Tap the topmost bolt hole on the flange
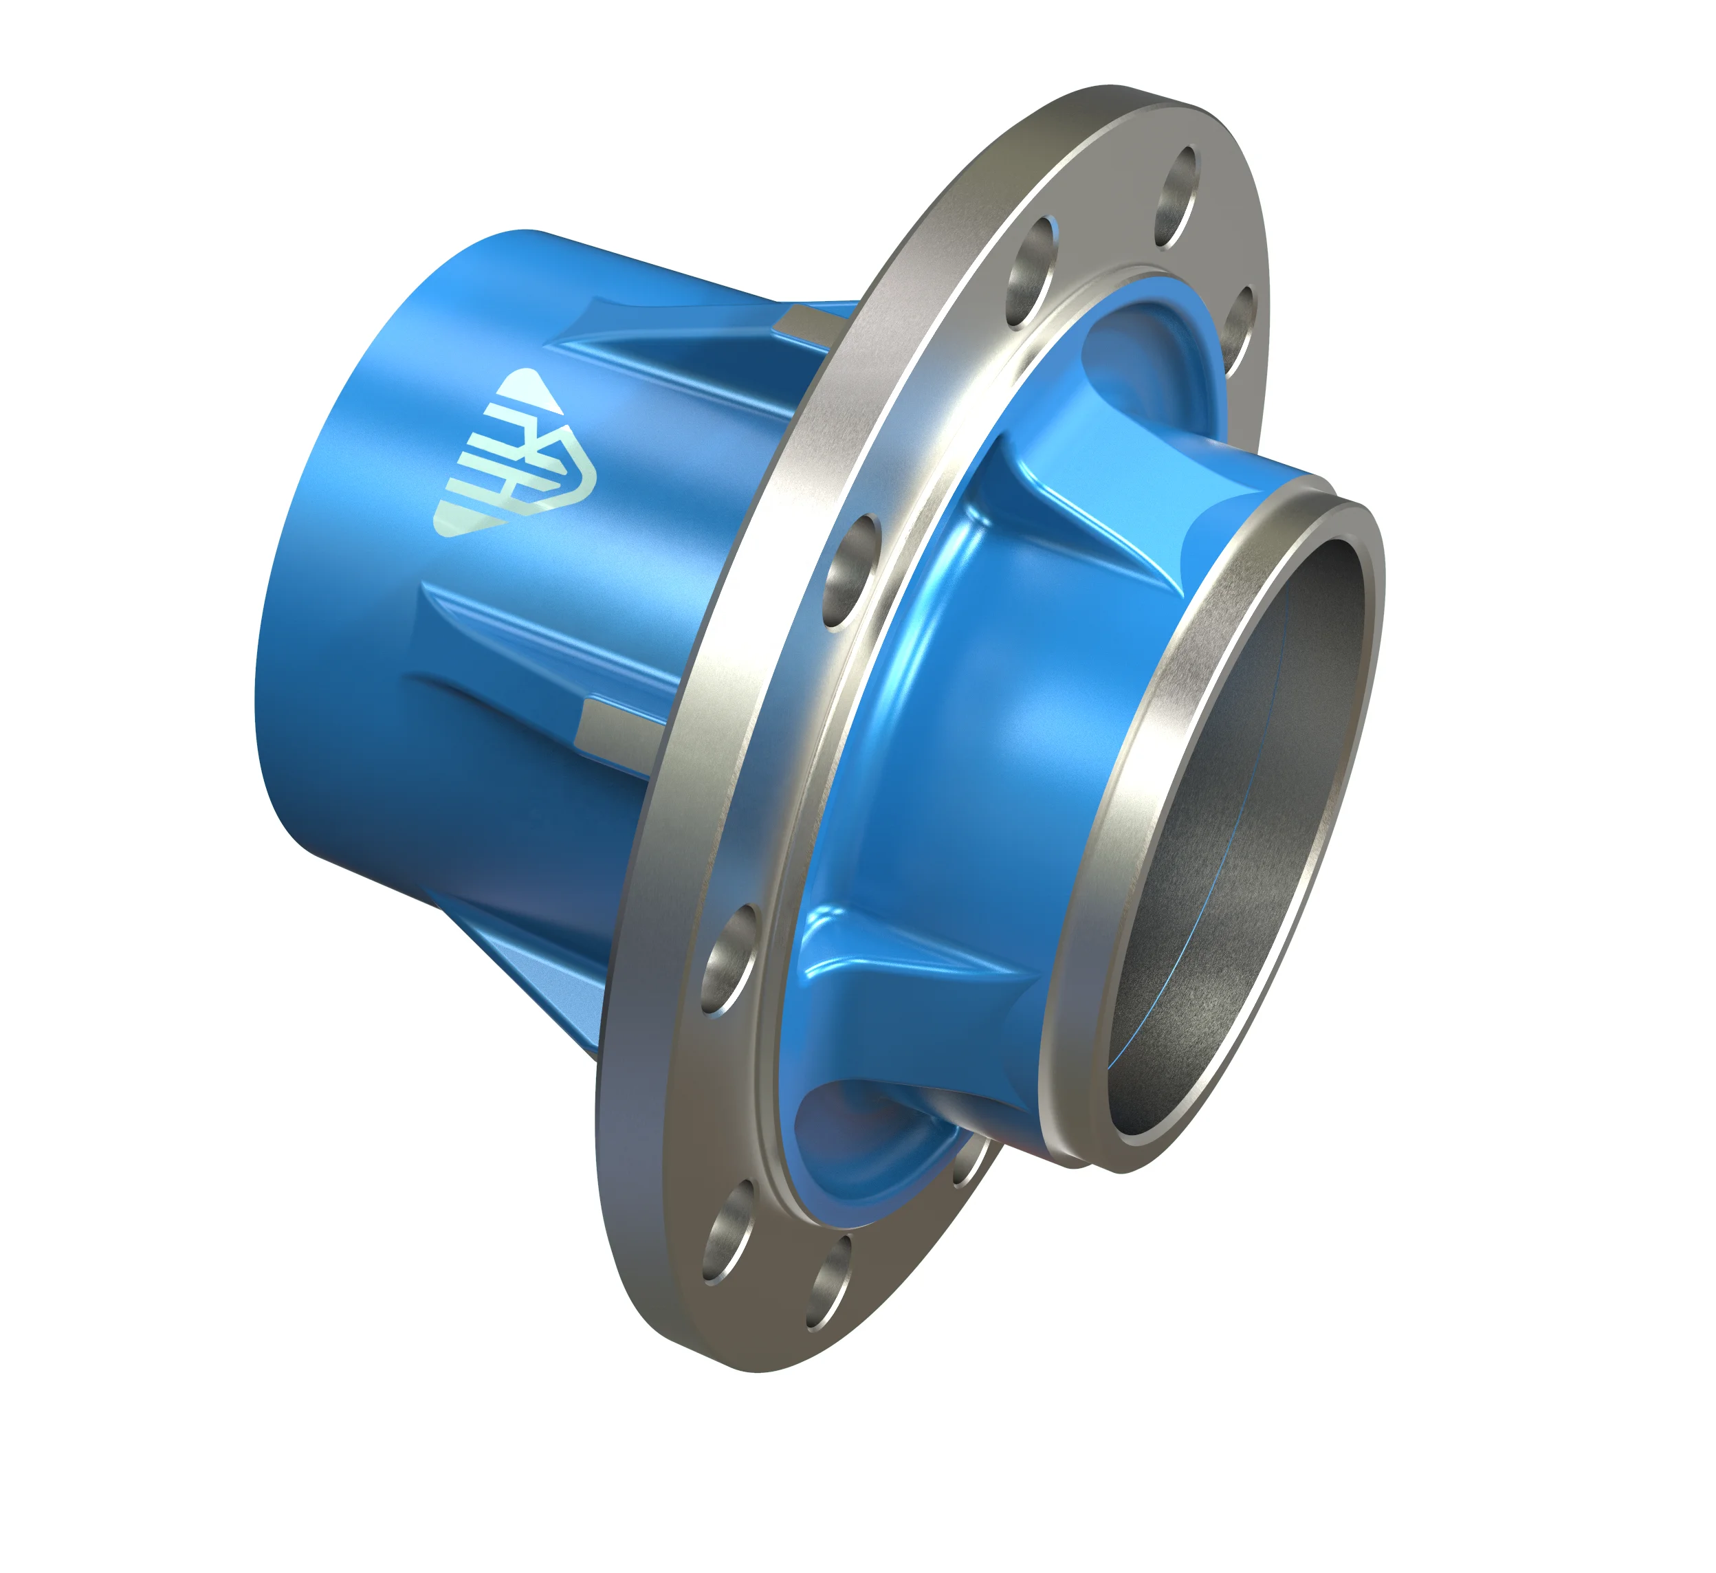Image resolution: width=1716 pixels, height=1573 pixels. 1178,198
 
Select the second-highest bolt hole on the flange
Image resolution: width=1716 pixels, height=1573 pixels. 1031,272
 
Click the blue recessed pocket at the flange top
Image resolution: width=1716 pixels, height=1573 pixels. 1145,357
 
